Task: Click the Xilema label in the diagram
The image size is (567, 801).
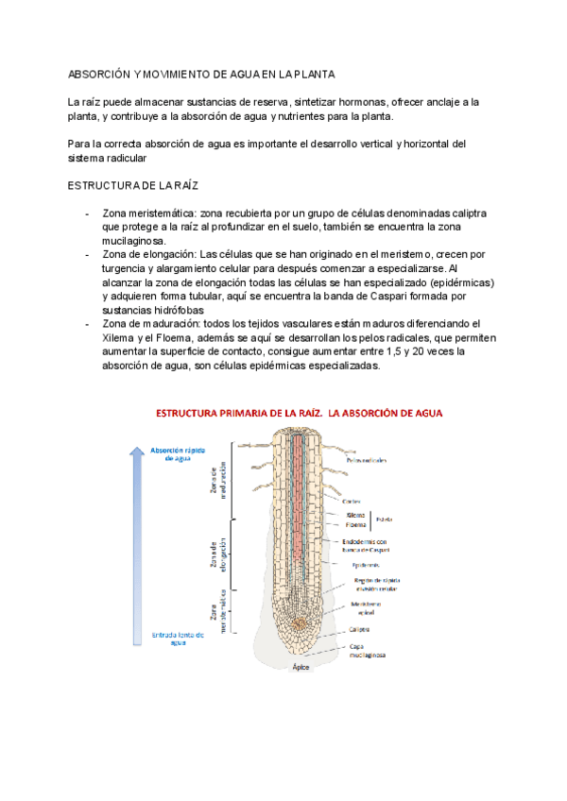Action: [356, 515]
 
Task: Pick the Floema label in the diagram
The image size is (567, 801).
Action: [356, 526]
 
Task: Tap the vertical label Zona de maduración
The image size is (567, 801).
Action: [215, 484]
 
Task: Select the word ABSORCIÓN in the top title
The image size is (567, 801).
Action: [97, 74]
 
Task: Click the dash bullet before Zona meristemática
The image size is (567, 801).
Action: [88, 216]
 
